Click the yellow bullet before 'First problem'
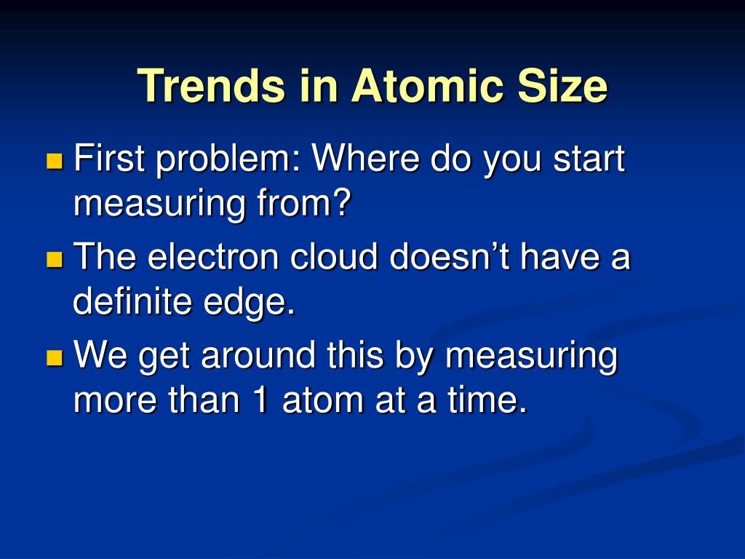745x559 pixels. point(55,161)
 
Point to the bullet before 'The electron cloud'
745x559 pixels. point(55,259)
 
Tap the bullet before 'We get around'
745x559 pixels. point(55,357)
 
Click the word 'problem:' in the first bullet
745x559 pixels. point(228,161)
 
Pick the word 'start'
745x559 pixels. point(589,159)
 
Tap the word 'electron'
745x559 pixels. point(213,256)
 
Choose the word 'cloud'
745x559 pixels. point(334,256)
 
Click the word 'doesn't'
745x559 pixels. point(450,256)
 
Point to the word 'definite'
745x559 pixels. point(132,301)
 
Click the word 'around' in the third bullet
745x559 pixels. point(258,356)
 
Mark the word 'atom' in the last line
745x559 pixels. point(323,400)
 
